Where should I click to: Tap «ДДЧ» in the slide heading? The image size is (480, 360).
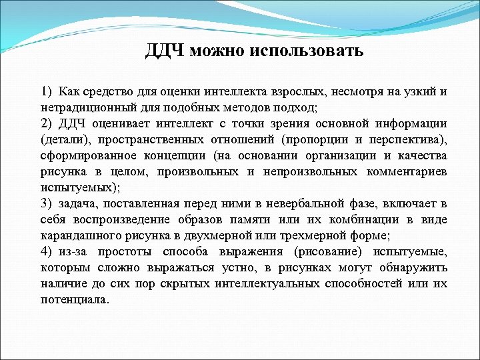coord(165,51)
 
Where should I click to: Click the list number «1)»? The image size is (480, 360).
coord(46,92)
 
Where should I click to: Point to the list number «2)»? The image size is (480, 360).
coord(46,124)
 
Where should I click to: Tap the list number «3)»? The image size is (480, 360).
coord(46,204)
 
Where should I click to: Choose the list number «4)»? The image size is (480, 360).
coord(46,252)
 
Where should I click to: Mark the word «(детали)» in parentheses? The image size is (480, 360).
coord(63,140)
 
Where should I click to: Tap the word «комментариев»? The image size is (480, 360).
coord(407,172)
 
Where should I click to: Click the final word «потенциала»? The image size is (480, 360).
coord(73,300)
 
